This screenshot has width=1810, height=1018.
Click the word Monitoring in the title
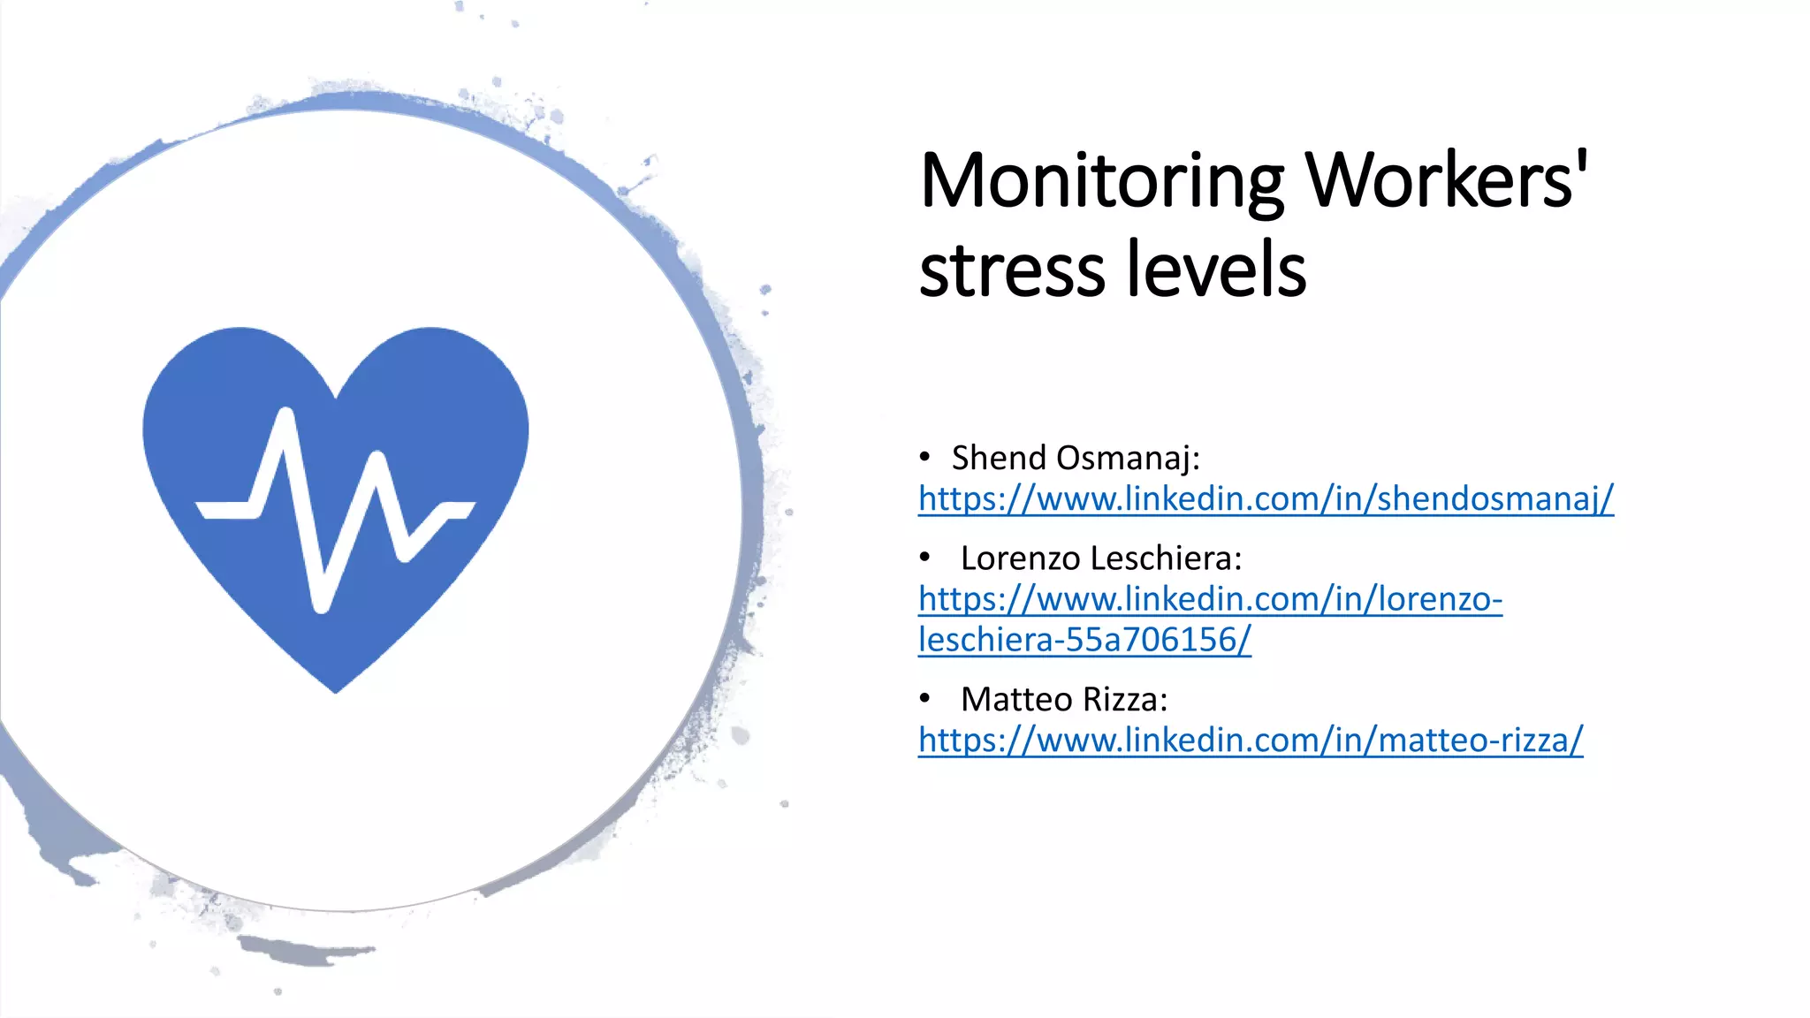pos(1101,182)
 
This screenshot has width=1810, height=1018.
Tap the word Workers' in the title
pos(1447,180)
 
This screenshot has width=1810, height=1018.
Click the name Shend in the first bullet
pos(999,458)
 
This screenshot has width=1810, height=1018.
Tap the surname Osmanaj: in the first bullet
pos(1128,459)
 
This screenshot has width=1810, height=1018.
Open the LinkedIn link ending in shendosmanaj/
pos(1266,499)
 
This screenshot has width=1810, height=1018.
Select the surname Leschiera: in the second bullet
pos(1166,558)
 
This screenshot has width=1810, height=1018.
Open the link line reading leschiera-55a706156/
pos(1084,640)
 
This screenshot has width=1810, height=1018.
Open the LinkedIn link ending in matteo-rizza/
pos(1250,741)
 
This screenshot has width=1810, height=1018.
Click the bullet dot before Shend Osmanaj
pos(924,457)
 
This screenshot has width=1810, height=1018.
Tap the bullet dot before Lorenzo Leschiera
pos(924,558)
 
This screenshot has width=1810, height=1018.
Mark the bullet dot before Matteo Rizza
pos(924,698)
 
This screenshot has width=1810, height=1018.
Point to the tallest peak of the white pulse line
pos(285,412)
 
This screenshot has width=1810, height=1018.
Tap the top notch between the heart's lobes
pos(337,395)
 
